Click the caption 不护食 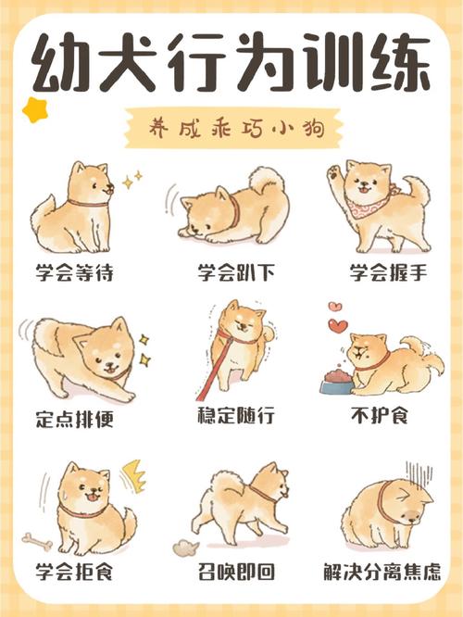[381, 418]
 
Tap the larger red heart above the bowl [339, 325]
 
